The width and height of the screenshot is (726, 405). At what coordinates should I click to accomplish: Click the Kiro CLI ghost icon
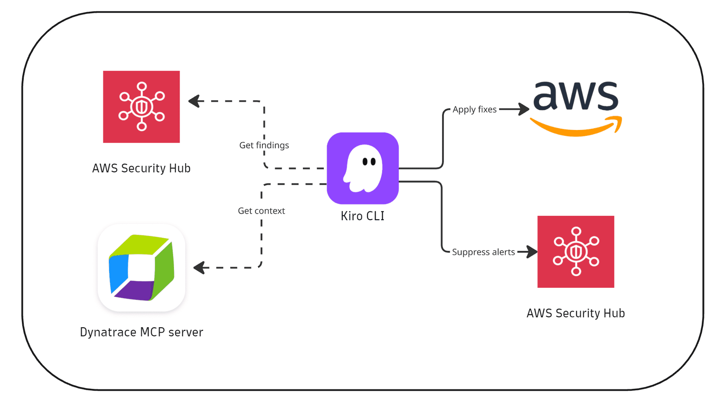tap(363, 168)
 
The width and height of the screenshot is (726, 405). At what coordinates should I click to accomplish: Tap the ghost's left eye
tap(365, 162)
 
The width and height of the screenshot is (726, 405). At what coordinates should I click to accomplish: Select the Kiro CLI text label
tap(362, 216)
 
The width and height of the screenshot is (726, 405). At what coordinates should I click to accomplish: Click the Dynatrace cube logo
tap(141, 267)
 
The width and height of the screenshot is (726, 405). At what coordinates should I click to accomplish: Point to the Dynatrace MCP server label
tap(141, 332)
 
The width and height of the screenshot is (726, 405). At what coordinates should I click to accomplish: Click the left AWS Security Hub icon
tap(141, 107)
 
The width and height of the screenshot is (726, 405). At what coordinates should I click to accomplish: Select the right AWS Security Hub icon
tap(576, 252)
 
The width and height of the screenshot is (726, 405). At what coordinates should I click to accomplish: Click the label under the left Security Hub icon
tap(141, 168)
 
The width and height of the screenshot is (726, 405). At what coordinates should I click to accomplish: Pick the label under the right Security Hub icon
tap(576, 313)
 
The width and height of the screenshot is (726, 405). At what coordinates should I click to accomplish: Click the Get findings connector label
tap(264, 145)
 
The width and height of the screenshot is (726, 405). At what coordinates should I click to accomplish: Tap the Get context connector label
tap(261, 211)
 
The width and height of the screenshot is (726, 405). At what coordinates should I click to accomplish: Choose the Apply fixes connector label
tap(475, 110)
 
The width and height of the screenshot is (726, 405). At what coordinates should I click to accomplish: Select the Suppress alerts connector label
tap(483, 252)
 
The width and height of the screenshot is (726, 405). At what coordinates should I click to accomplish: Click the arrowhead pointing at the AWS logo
tap(524, 109)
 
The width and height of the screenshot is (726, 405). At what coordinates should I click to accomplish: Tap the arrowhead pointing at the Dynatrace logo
tap(199, 267)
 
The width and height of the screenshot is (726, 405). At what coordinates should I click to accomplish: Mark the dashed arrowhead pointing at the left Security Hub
tap(194, 101)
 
